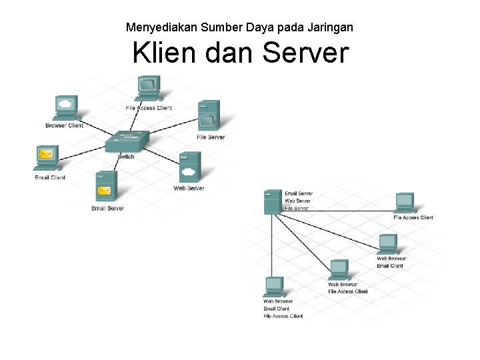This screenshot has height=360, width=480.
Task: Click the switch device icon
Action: click(125, 141)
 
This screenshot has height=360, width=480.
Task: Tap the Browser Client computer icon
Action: click(65, 107)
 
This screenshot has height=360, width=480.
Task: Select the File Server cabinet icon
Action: click(209, 115)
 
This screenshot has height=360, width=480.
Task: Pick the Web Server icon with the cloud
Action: click(189, 167)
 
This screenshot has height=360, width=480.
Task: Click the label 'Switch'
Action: click(125, 157)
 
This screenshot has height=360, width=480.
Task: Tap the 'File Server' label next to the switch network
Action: click(211, 137)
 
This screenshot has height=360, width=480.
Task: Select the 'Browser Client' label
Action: click(64, 125)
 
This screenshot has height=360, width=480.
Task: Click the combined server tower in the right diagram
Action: click(273, 201)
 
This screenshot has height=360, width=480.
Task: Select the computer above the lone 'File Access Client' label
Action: click(404, 201)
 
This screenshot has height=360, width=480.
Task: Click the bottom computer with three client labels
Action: click(274, 286)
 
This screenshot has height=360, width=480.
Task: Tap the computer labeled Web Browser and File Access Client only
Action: click(339, 269)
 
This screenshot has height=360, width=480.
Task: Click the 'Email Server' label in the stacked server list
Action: click(299, 194)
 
